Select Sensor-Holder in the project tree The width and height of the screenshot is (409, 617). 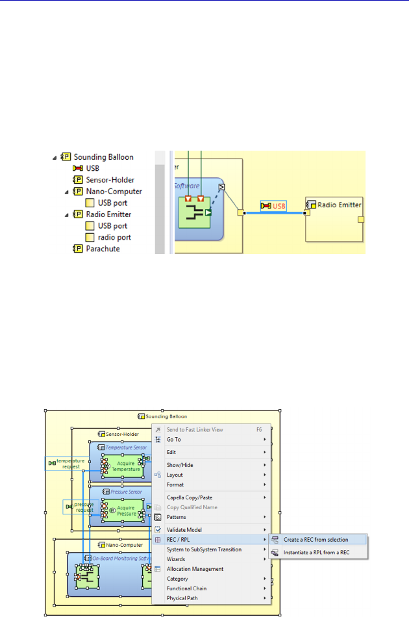pyautogui.click(x=106, y=179)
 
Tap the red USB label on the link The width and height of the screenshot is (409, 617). pyautogui.click(x=279, y=206)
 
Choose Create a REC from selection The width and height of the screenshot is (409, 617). pyautogui.click(x=316, y=540)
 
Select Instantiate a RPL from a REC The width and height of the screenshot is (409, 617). pyautogui.click(x=316, y=553)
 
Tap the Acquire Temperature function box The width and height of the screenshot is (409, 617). pyautogui.click(x=125, y=466)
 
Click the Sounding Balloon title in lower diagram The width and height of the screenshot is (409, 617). pyautogui.click(x=166, y=416)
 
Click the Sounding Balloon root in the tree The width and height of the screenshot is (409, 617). pyautogui.click(x=103, y=157)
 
